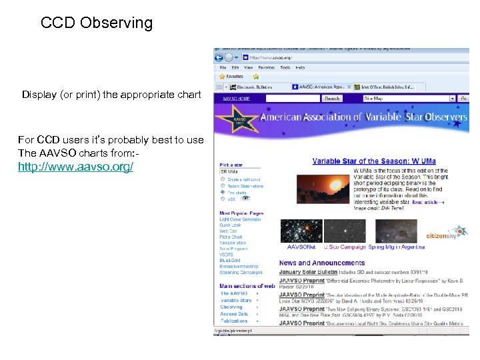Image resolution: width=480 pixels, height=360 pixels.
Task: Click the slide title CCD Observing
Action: tap(97, 23)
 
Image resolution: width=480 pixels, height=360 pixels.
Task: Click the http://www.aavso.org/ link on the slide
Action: tap(75, 165)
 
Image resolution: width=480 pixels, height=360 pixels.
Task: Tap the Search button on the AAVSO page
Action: tap(332, 98)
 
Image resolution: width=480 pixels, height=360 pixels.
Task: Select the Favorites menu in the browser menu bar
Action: tap(267, 67)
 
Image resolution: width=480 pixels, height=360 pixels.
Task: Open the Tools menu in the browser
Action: tap(285, 67)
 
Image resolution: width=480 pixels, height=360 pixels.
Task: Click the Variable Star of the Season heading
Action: tap(375, 161)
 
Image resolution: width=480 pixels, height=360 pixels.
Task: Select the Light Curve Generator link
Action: tap(241, 219)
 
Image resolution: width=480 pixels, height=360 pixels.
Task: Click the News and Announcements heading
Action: tap(322, 263)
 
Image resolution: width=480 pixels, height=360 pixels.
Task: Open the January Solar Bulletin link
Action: tap(309, 272)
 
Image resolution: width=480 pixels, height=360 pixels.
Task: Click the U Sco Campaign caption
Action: tap(345, 247)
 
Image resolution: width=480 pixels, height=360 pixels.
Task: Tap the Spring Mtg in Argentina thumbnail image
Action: tap(396, 231)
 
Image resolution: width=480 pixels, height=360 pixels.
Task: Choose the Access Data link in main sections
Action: tap(234, 314)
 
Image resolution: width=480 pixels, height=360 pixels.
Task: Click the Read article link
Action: tap(427, 202)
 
